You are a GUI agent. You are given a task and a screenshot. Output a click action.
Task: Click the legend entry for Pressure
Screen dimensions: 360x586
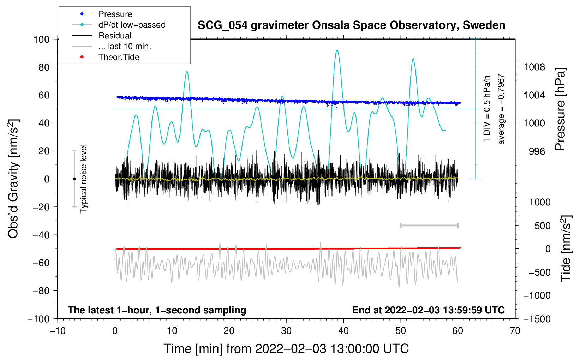pyautogui.click(x=115, y=14)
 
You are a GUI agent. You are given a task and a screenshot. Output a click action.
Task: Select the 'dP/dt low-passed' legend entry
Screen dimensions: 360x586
pyautogui.click(x=132, y=25)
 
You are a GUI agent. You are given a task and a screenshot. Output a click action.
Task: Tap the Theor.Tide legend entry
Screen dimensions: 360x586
pyautogui.click(x=119, y=57)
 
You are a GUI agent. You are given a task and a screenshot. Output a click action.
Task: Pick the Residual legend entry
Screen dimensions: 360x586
pyautogui.click(x=115, y=36)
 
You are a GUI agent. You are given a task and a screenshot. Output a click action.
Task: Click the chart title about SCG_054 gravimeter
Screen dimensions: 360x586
pyautogui.click(x=351, y=25)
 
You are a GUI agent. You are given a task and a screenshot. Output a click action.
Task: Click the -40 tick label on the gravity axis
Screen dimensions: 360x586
pyautogui.click(x=41, y=235)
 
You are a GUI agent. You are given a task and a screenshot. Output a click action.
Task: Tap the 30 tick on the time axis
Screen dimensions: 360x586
pyautogui.click(x=286, y=331)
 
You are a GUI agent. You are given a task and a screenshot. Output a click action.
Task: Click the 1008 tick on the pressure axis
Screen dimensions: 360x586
pyautogui.click(x=534, y=67)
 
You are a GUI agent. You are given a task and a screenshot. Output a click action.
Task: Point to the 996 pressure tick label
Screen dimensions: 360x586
pyautogui.click(x=537, y=151)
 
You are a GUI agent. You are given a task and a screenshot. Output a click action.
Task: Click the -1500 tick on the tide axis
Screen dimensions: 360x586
pyautogui.click(x=537, y=319)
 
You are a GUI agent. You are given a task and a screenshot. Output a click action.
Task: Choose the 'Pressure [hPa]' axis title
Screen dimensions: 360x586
pyautogui.click(x=560, y=109)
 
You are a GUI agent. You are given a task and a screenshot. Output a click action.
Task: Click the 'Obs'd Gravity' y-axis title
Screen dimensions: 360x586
pyautogui.click(x=13, y=179)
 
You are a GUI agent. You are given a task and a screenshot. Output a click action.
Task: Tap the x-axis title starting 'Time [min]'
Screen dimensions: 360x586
pyautogui.click(x=286, y=349)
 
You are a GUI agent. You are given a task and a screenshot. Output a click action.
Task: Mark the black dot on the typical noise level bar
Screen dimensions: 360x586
pyautogui.click(x=74, y=179)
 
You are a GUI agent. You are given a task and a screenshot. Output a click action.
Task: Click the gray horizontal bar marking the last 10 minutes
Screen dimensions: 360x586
pyautogui.click(x=429, y=226)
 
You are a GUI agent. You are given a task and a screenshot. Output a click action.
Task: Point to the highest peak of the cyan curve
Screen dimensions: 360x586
pyautogui.click(x=337, y=50)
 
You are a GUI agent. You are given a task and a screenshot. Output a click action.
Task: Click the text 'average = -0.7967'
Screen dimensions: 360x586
pyautogui.click(x=501, y=109)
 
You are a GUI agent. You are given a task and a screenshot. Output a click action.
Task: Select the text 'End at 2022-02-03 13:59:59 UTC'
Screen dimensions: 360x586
pyautogui.click(x=428, y=310)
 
